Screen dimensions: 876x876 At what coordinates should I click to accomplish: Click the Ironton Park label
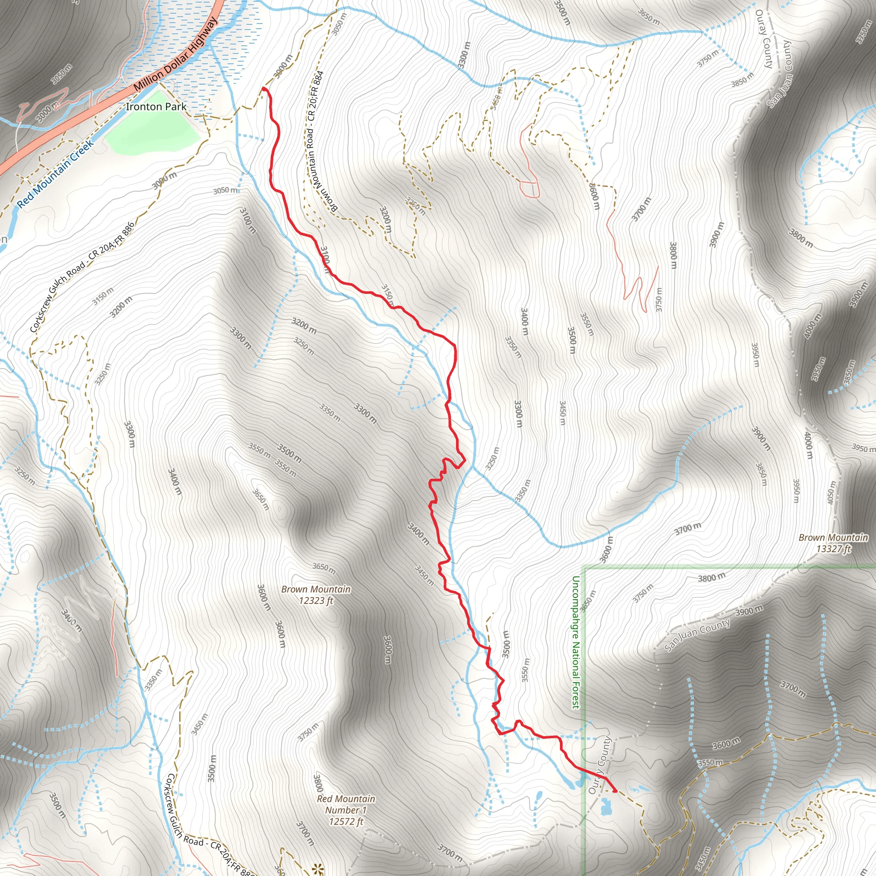(x=156, y=107)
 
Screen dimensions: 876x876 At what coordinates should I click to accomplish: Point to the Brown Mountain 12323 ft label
(x=316, y=595)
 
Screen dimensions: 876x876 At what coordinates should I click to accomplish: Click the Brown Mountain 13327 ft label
(x=833, y=543)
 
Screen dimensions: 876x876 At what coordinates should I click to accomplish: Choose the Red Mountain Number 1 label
(x=346, y=810)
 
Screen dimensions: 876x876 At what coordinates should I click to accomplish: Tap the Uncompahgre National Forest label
(x=575, y=642)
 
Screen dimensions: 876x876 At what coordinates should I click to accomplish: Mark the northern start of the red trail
(x=263, y=89)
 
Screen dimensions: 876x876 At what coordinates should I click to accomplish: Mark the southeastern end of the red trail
(x=615, y=791)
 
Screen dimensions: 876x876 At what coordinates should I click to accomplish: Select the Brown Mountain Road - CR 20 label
(x=315, y=141)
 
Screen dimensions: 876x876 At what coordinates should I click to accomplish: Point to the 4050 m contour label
(x=831, y=491)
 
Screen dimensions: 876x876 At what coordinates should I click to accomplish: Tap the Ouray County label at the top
(x=764, y=39)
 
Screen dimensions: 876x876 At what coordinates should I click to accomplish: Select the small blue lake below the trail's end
(x=605, y=808)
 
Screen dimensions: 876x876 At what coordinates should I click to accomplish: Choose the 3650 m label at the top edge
(x=649, y=17)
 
